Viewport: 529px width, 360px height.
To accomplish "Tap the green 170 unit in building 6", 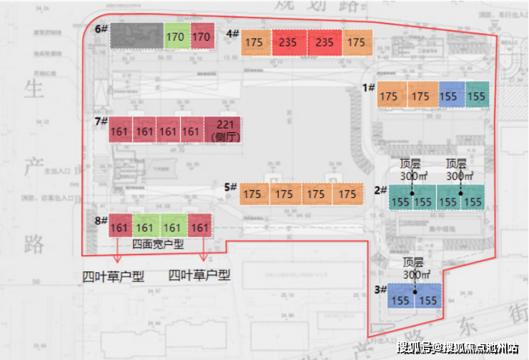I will [175, 36].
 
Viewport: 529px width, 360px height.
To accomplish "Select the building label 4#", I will [232, 34].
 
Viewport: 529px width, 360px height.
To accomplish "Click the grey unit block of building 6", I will [137, 36].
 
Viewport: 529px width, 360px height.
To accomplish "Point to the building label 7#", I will [101, 121].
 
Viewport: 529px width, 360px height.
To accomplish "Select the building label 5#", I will [230, 187].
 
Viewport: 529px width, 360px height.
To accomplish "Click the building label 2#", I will [380, 191].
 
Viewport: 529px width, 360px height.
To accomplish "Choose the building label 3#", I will [380, 290].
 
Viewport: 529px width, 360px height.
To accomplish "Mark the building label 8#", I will [101, 221].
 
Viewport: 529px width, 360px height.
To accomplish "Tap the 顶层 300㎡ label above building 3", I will [415, 267].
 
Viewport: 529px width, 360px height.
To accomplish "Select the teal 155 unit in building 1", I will [476, 96].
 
